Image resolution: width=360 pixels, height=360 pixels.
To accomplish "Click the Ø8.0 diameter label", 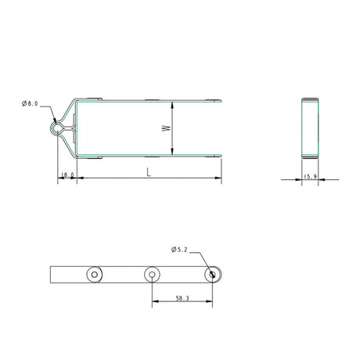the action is (x=30, y=103).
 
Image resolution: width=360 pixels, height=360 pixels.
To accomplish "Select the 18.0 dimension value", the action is (x=67, y=175).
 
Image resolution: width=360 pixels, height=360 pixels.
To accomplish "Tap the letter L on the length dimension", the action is (x=149, y=172).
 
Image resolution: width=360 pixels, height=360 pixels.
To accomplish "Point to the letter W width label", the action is (x=166, y=128).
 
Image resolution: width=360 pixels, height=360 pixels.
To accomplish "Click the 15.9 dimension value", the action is (x=310, y=177).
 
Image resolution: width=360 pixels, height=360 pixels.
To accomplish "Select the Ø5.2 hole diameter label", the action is (x=179, y=250).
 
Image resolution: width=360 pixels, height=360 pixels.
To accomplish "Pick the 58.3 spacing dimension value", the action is (x=182, y=298).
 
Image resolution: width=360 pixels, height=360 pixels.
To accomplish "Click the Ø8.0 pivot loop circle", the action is (x=56, y=128).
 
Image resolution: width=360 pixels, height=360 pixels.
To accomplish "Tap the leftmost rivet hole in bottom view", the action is (x=95, y=275).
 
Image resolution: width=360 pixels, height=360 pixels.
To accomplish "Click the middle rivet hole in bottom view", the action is (x=152, y=275).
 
